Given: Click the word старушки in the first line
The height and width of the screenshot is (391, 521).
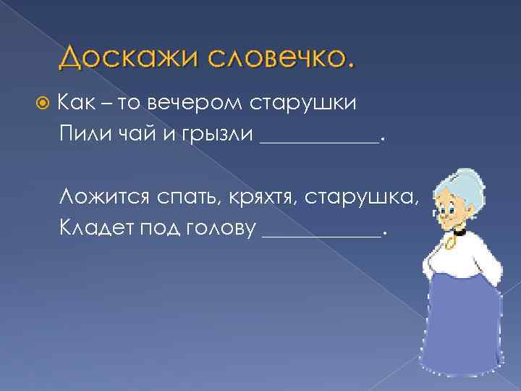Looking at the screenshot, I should pyautogui.click(x=303, y=104).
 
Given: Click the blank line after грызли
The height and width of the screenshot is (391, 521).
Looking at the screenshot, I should pyautogui.click(x=318, y=141).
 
